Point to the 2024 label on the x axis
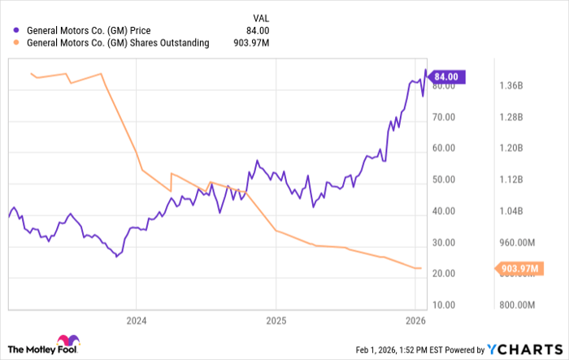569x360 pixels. coord(135,319)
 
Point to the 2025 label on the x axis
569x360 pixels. coord(276,319)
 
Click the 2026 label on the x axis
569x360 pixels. coord(415,319)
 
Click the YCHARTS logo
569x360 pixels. coord(522,349)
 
